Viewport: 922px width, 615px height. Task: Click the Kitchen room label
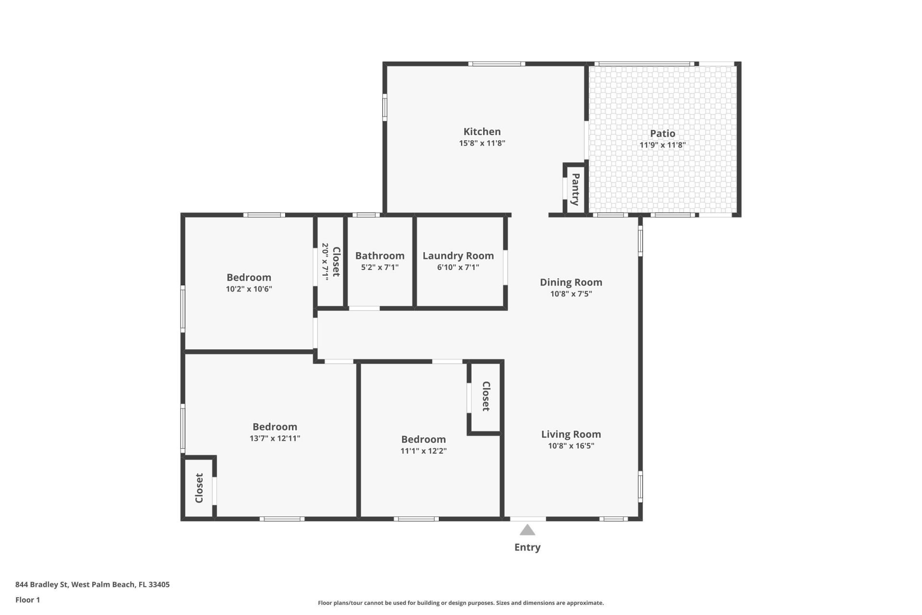pos(482,132)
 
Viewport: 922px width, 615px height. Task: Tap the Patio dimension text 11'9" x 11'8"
pos(663,145)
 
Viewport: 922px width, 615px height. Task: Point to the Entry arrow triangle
pos(527,530)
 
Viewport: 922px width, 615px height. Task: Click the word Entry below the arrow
pos(527,547)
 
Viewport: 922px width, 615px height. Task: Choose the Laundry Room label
pos(458,256)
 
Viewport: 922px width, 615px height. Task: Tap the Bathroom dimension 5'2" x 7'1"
pos(380,267)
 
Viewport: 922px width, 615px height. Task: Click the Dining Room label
pos(571,283)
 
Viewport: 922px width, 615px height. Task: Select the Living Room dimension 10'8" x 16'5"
pos(571,446)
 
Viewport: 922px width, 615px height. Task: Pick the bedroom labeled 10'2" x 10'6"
pos(249,278)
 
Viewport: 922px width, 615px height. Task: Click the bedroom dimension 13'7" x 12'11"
pos(275,438)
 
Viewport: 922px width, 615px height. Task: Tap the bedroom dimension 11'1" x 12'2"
pos(424,451)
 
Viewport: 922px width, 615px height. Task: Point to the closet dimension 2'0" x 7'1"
pos(325,261)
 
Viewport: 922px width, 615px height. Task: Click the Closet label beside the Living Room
pos(486,396)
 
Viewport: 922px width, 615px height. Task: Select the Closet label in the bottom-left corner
pos(199,488)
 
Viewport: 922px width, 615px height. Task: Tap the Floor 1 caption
pos(27,600)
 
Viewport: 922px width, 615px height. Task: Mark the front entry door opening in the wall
pos(528,519)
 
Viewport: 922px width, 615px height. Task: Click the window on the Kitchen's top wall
pos(497,64)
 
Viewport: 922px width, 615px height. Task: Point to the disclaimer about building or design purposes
pos(461,603)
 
